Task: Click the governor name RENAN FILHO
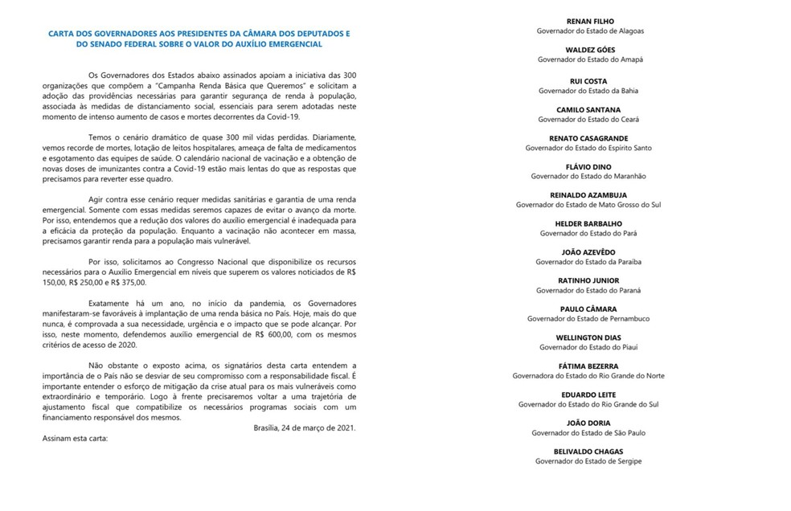[589, 22]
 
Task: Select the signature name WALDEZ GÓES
[589, 50]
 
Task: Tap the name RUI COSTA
[589, 81]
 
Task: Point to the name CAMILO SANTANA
[589, 109]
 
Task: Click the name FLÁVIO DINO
[589, 166]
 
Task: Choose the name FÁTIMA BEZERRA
[589, 366]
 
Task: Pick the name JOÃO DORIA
[589, 423]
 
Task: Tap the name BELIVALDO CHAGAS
[589, 452]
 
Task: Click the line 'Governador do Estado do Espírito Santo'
[589, 148]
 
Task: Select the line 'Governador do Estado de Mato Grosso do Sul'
[589, 205]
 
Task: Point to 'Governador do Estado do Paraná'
[589, 290]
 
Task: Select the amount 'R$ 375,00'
[129, 283]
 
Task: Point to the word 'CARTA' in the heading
[62, 34]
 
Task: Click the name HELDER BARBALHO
[589, 223]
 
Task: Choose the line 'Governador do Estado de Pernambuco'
[589, 319]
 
